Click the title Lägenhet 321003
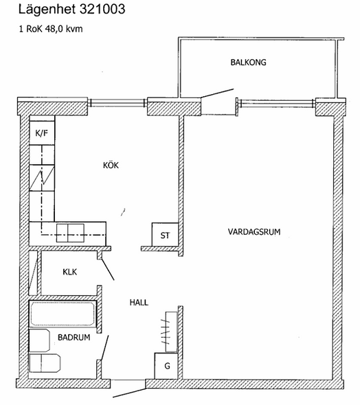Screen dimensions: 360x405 (72, 10)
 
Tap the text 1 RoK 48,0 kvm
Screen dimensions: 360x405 (51, 29)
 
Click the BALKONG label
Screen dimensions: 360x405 (248, 62)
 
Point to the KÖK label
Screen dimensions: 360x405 (111, 165)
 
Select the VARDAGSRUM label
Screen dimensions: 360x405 (254, 232)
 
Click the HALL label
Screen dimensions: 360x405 (139, 303)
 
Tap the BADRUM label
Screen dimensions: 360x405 (74, 337)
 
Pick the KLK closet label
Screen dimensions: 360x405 (70, 272)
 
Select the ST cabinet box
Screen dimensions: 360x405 (165, 235)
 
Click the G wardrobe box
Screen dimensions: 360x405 (166, 366)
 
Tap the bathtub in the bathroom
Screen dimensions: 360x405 (63, 313)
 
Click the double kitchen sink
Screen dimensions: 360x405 (70, 233)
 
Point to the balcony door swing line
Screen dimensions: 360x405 (217, 93)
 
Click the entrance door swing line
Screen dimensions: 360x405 (129, 393)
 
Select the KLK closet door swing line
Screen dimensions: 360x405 (107, 269)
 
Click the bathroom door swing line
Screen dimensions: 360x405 (104, 347)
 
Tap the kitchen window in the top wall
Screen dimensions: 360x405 (117, 103)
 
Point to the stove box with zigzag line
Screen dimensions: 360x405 (42, 178)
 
